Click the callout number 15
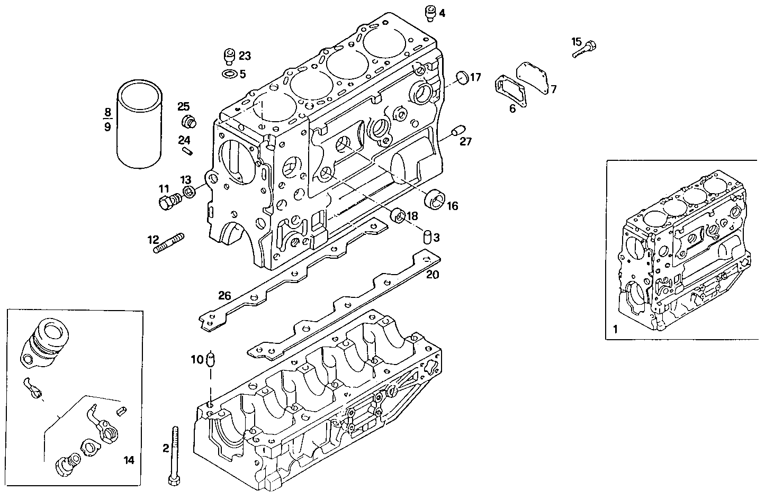pos(577,41)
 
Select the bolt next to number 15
pos(586,49)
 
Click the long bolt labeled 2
pos(174,455)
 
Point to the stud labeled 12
pos(168,243)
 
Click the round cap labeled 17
pos(462,77)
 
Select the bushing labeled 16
pos(438,198)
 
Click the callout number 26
pos(225,295)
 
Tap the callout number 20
pos(433,275)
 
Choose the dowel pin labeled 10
pos(211,359)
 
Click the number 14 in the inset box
pos(129,460)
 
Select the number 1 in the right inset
pos(615,329)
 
